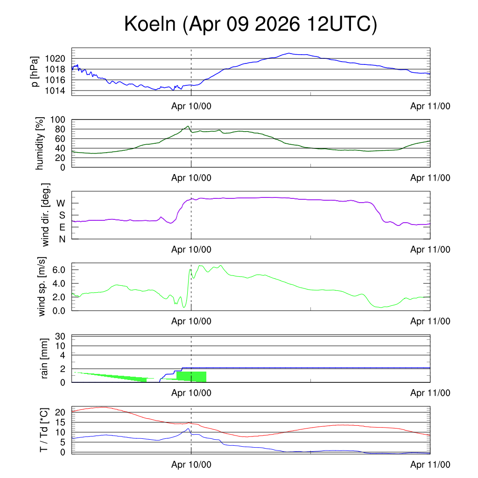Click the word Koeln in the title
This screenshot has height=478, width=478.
pos(150,24)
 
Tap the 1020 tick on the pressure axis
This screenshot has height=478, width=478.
pos(55,58)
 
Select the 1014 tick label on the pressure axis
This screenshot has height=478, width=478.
pos(55,91)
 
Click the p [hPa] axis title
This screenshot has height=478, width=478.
pos(35,71)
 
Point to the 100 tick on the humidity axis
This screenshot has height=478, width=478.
pos(57,120)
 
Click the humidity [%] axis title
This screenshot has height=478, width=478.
pos(40,143)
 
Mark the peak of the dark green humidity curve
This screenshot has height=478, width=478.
pos(188,126)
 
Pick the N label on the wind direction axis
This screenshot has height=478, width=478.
pos(62,239)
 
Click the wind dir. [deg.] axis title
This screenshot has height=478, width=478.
pos(45,215)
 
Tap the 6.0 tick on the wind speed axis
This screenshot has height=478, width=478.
pos(59,270)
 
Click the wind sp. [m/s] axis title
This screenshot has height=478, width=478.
pos(42,287)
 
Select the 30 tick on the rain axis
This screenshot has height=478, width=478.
pos(60,337)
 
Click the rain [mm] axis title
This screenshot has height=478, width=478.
pos(44,358)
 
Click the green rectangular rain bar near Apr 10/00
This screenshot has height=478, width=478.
pos(191,377)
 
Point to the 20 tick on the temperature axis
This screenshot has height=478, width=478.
pos(60,413)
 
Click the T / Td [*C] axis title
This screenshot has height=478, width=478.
pos(44,430)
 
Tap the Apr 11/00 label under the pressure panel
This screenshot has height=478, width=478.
pos(430,106)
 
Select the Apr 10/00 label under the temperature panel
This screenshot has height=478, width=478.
pos(191,464)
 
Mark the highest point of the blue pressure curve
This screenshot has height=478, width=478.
pos(289,53)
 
